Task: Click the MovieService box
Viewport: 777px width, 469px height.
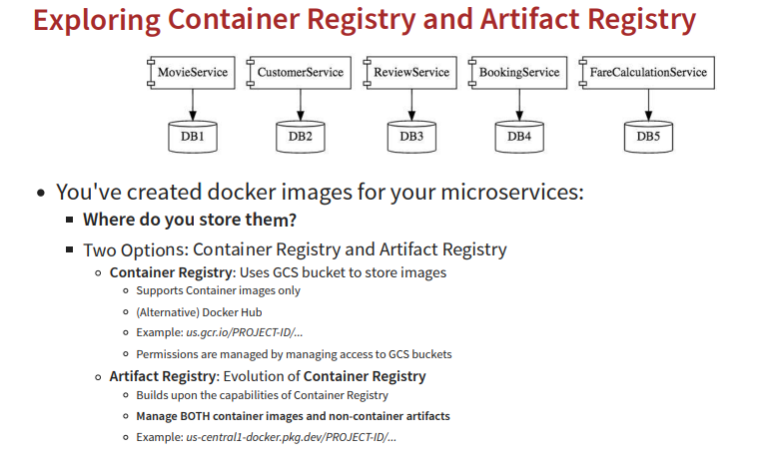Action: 193,73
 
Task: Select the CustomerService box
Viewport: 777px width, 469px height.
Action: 300,73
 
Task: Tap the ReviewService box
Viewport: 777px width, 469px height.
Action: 410,73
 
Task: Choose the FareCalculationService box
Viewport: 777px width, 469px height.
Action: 648,73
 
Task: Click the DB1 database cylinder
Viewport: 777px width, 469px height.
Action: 193,135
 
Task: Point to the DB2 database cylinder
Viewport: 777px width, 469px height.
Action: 300,135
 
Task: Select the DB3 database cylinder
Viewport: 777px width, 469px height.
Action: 410,135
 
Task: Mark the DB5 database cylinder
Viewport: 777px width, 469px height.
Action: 648,135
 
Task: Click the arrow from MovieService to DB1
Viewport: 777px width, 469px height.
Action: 193,102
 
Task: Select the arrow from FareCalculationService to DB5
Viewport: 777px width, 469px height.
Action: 648,102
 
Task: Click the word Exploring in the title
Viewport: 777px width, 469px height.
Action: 98,20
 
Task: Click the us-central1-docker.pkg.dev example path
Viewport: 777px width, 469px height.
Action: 292,437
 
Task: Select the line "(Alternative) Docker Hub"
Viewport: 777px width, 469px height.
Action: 199,311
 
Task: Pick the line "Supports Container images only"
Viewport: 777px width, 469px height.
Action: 218,290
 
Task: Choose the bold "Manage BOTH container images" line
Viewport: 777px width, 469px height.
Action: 293,416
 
